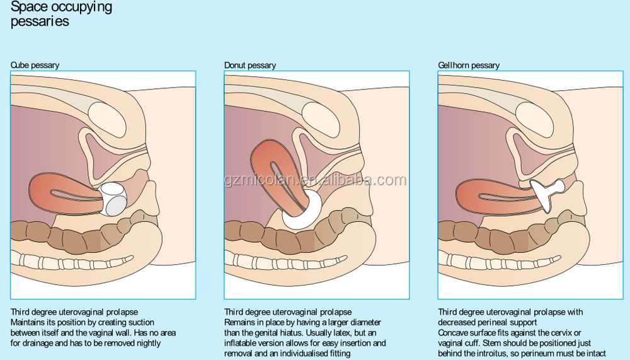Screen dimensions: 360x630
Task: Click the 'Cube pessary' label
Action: pyautogui.click(x=35, y=65)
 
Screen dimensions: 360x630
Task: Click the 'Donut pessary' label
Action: pyautogui.click(x=250, y=65)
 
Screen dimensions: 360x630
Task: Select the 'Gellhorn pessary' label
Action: pyautogui.click(x=469, y=65)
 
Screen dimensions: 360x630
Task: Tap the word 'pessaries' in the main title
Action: pyautogui.click(x=40, y=22)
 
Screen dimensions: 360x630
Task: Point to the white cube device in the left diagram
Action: pyautogui.click(x=115, y=197)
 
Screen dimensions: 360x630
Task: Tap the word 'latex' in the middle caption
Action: pyautogui.click(x=340, y=333)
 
